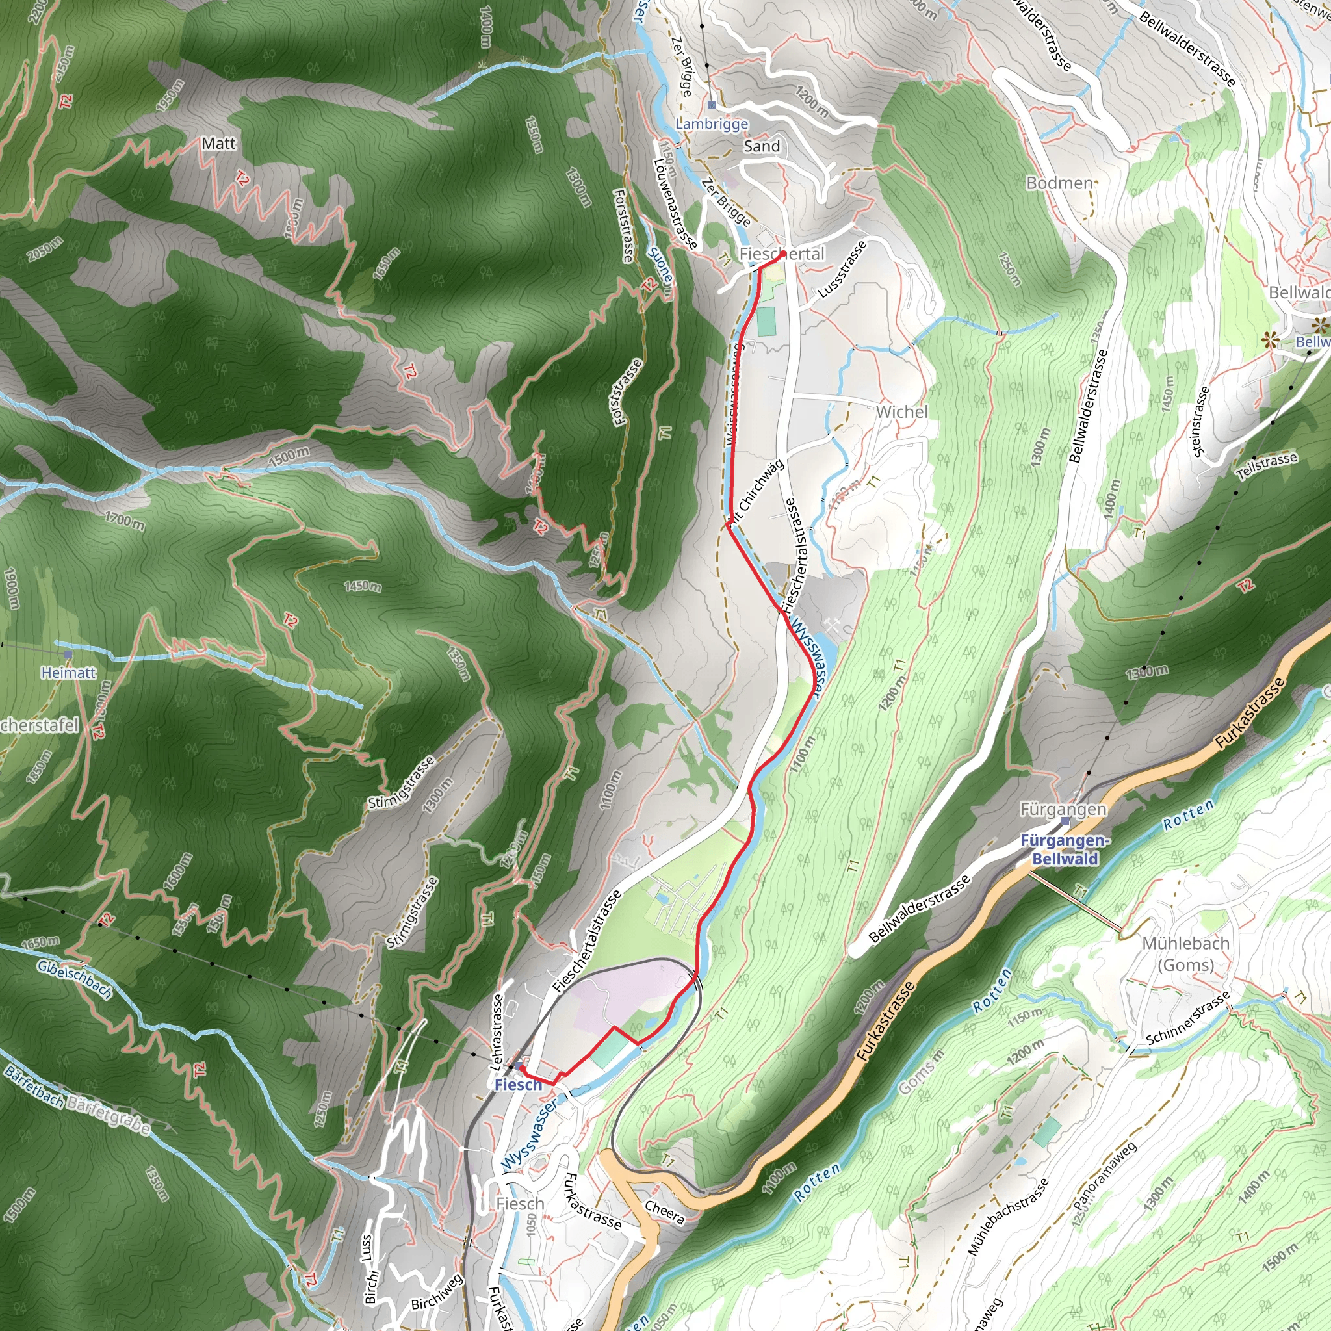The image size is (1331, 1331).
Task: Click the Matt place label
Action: (x=218, y=143)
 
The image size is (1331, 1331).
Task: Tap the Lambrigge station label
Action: (x=712, y=124)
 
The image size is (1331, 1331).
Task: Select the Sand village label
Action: (x=761, y=146)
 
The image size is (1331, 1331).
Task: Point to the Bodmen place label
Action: (x=1059, y=183)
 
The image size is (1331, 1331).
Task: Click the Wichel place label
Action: (x=902, y=412)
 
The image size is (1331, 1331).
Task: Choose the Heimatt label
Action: (x=69, y=673)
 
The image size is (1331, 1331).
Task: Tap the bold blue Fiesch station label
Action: (x=518, y=1085)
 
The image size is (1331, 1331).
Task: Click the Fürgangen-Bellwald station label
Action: (x=1065, y=849)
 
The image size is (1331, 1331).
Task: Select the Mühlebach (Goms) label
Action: (x=1185, y=953)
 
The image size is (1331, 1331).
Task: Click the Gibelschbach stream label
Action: (x=74, y=979)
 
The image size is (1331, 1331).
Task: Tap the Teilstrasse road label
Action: (x=1267, y=467)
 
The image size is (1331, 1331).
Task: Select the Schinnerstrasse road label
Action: (x=1188, y=1018)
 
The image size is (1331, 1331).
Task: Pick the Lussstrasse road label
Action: (x=842, y=269)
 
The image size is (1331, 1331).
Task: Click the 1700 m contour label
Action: (x=125, y=521)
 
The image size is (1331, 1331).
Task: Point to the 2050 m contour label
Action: (x=45, y=249)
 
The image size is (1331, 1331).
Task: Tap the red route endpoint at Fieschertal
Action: (x=783, y=254)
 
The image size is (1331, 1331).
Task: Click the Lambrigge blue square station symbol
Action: (x=712, y=105)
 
